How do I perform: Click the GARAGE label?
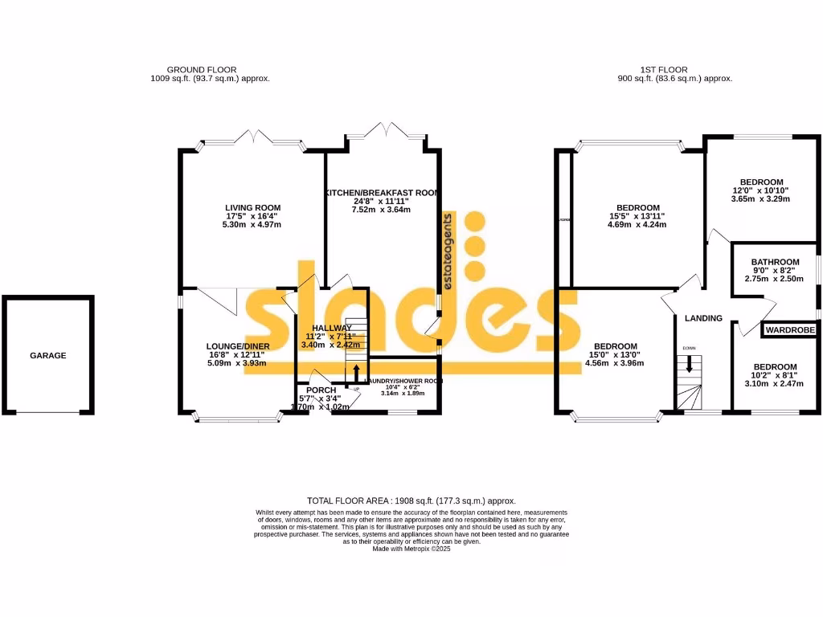pos(48,355)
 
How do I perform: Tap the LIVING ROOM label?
pos(252,207)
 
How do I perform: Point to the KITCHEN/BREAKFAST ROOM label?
pos(381,193)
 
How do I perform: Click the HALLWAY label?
pos(332,328)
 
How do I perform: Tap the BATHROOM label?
pos(775,262)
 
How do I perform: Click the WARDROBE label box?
pos(790,330)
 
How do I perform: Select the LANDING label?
pos(703,318)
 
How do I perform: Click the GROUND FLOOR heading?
pos(201,70)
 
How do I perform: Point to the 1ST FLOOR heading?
pos(663,70)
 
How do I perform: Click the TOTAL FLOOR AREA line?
pos(411,501)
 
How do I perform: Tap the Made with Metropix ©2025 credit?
pos(411,549)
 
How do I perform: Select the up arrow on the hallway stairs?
pos(357,375)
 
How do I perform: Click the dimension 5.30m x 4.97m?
pos(252,225)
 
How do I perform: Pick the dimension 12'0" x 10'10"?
pos(762,190)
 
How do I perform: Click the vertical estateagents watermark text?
pos(448,251)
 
